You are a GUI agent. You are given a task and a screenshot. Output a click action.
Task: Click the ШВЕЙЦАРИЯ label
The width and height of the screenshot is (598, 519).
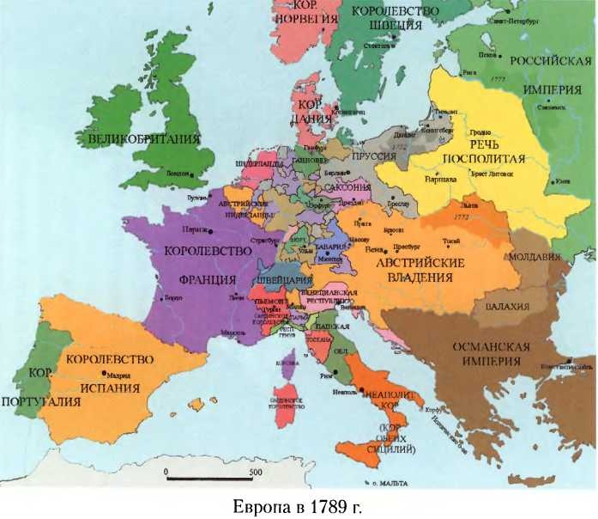tap(282, 279)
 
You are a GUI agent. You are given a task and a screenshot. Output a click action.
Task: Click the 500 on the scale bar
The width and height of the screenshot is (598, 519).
tap(255, 472)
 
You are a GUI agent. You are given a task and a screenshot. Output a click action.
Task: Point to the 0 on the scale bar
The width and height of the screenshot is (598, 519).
tap(166, 472)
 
